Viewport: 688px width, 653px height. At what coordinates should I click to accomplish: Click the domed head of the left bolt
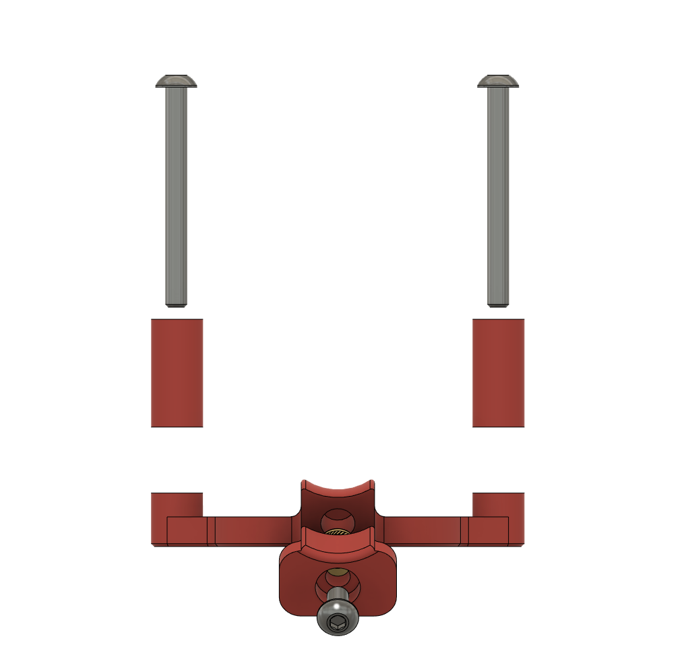(177, 81)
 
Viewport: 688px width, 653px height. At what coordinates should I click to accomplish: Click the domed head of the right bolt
(499, 81)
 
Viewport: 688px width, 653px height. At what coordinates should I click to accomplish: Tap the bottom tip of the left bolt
(177, 304)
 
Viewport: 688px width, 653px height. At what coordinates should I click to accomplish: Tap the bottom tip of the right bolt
(499, 304)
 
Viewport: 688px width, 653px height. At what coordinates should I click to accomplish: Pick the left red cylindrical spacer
(177, 373)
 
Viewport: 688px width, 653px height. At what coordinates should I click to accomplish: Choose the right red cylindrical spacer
(499, 373)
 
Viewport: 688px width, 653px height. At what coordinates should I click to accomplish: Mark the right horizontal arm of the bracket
(425, 530)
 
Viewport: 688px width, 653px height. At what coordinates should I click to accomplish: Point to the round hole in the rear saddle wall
(336, 520)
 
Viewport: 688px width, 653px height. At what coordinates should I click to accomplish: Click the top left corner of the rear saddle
(304, 483)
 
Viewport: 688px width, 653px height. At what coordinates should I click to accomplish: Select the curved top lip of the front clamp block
(337, 538)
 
